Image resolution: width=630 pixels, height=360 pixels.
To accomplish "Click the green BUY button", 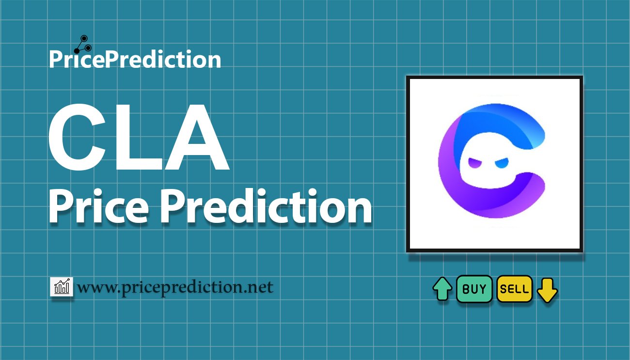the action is coord(474,289).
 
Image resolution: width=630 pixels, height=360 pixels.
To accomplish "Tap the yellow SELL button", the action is coord(515,289).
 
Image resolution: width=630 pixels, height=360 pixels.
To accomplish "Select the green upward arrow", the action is coord(442,289).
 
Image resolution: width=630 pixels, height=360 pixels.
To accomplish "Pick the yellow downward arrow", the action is coord(547,290).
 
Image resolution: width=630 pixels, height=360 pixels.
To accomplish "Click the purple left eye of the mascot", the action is coord(475,163).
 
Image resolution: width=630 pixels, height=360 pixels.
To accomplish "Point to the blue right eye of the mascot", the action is coord(502,163).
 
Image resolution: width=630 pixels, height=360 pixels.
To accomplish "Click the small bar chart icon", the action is coord(62,286).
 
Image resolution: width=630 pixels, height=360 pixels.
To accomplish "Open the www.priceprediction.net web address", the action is coord(175,287).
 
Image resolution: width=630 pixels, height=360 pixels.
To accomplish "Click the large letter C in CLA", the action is coord(78,137).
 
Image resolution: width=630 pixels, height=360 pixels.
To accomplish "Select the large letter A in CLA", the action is coord(197,137).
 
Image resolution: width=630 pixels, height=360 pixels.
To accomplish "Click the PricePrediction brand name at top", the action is coord(135,59).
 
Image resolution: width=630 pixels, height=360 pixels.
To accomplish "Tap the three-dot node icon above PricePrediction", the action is coord(83,45).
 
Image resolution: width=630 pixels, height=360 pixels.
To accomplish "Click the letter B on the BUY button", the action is coord(466,289).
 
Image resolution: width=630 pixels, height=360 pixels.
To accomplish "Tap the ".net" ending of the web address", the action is coord(259,287).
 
